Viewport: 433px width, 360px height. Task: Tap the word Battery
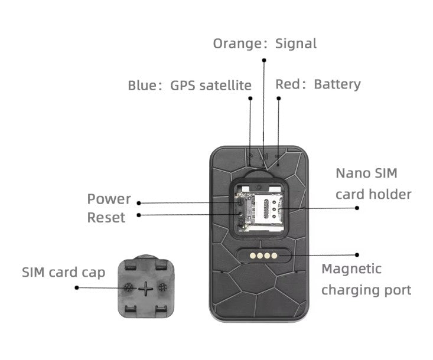[337, 84]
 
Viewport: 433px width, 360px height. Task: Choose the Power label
[109, 199]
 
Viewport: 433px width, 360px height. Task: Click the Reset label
[106, 218]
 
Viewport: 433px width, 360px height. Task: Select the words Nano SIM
[366, 174]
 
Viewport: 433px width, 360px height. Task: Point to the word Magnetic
[351, 269]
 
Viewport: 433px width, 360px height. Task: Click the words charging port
[366, 290]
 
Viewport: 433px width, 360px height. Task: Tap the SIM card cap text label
[64, 273]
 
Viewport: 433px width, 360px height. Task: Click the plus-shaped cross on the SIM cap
[145, 289]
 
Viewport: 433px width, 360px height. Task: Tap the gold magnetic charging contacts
[261, 256]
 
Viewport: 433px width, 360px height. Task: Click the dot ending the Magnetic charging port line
[357, 255]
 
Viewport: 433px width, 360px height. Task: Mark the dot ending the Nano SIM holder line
[357, 208]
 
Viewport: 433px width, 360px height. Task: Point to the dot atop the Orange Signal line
[264, 60]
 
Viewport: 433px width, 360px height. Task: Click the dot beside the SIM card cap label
[77, 287]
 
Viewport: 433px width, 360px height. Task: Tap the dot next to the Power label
[139, 202]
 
